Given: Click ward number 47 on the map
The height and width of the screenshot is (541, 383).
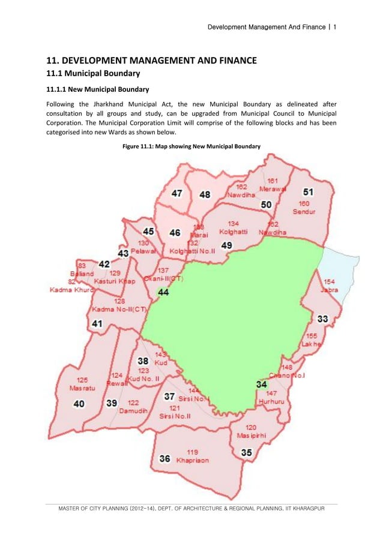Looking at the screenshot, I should (x=178, y=194).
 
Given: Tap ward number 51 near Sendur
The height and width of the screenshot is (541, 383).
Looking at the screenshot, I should (x=308, y=192).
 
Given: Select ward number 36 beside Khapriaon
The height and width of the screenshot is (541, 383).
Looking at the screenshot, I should (x=164, y=459).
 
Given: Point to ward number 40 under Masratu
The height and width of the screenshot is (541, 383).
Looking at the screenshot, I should (x=79, y=404).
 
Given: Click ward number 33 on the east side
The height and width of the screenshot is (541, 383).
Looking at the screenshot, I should (x=322, y=318).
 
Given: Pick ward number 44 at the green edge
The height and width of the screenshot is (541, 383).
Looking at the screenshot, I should (x=163, y=292).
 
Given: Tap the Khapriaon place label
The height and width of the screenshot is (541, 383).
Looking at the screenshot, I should (x=193, y=461).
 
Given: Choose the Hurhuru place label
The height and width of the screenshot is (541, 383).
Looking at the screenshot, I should (x=270, y=401).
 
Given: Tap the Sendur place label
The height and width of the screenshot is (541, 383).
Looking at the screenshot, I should (x=304, y=212).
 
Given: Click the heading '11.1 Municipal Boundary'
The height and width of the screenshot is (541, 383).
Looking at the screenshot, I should (x=94, y=74).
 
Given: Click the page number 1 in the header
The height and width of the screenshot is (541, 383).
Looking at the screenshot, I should (x=334, y=27).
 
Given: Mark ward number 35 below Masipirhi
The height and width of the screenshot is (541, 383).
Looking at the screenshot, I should (x=246, y=453).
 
